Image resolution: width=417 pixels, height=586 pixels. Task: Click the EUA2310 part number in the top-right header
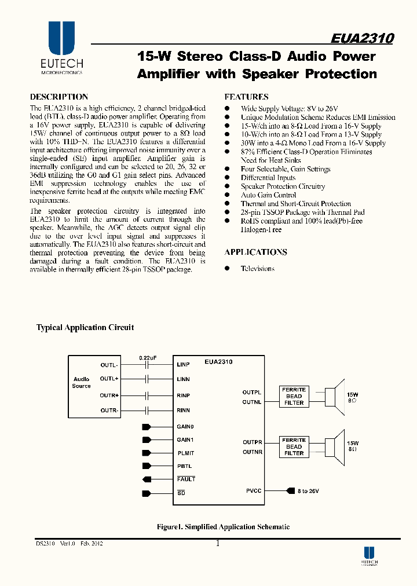[x=363, y=38]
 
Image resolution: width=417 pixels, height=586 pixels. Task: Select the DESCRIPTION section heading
[x=59, y=97]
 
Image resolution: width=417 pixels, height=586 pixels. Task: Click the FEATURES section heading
[x=246, y=97]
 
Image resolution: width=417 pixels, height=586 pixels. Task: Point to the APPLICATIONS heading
[x=255, y=252]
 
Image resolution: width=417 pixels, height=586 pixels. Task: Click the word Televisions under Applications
[x=258, y=269]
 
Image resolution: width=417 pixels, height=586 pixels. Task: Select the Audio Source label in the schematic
[x=82, y=383]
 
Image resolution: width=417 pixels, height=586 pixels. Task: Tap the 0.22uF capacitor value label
[x=148, y=358]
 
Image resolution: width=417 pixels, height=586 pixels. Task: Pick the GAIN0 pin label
[x=185, y=427]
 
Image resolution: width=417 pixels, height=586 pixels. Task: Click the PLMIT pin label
[x=185, y=453]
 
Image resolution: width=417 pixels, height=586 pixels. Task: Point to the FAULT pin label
[x=186, y=479]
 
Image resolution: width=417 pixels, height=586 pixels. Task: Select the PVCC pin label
[x=254, y=491]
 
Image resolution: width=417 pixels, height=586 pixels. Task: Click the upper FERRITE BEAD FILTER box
[x=294, y=396]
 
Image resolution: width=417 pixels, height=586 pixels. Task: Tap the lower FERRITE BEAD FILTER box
[x=294, y=446]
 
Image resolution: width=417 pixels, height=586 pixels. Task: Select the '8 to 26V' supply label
[x=308, y=491]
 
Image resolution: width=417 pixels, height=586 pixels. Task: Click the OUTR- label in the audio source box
[x=109, y=410]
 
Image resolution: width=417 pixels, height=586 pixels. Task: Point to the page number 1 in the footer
[x=217, y=544]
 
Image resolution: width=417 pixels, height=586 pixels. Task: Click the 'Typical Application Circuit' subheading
[x=85, y=328]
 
